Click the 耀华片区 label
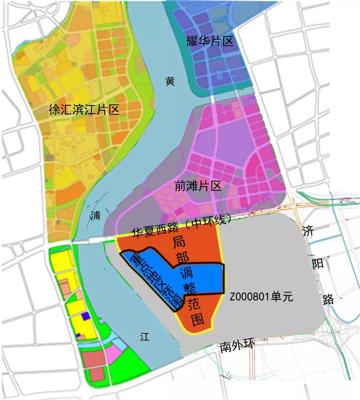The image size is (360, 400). [209, 41]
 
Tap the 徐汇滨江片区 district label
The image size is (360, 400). [84, 110]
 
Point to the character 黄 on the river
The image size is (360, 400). [170, 81]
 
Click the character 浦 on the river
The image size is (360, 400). [95, 215]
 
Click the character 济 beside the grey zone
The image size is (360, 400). [308, 231]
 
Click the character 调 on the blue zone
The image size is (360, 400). [187, 274]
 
